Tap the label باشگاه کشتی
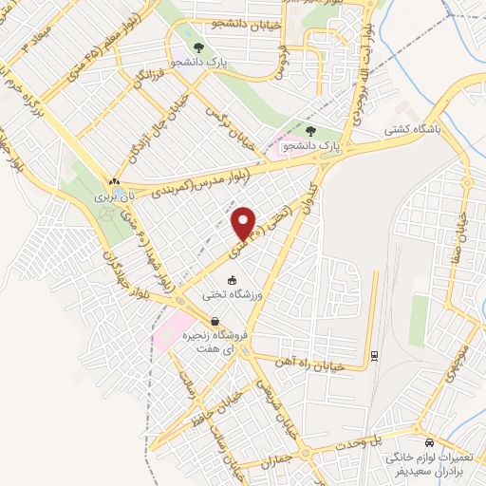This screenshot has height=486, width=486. click(415, 129)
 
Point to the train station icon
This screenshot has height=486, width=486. click(374, 355)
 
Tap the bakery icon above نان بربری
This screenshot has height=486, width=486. click(114, 180)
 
